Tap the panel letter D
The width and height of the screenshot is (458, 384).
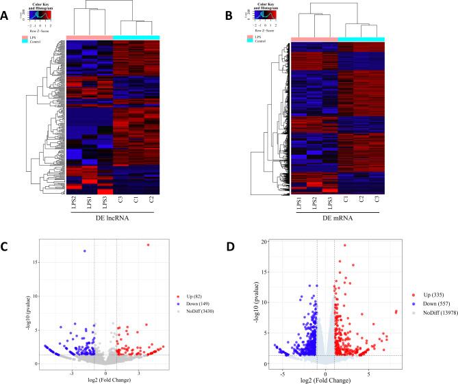[239, 240]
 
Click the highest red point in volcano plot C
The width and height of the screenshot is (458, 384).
[147, 245]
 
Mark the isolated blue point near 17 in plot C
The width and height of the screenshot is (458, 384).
[85, 251]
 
